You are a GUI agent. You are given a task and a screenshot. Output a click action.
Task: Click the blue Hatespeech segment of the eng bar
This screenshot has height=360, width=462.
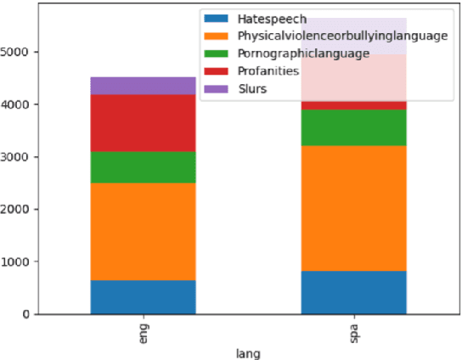pyautogui.click(x=143, y=296)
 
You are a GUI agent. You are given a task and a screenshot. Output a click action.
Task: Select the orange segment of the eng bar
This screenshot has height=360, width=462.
pyautogui.click(x=143, y=231)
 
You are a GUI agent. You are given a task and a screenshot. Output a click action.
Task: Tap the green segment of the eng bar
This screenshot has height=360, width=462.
pyautogui.click(x=143, y=167)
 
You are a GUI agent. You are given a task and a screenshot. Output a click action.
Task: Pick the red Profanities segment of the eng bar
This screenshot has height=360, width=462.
pyautogui.click(x=143, y=123)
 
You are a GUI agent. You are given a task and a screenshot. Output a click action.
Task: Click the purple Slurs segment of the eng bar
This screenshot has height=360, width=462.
pyautogui.click(x=143, y=85)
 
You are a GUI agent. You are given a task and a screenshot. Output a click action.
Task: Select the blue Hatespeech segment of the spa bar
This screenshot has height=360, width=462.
pyautogui.click(x=353, y=292)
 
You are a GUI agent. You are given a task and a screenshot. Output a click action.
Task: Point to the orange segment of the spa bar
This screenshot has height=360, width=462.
pyautogui.click(x=353, y=208)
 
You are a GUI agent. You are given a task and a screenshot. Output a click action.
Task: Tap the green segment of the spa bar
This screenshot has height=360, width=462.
pyautogui.click(x=353, y=127)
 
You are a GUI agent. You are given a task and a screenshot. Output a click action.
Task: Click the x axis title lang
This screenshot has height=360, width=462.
pyautogui.click(x=248, y=351)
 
